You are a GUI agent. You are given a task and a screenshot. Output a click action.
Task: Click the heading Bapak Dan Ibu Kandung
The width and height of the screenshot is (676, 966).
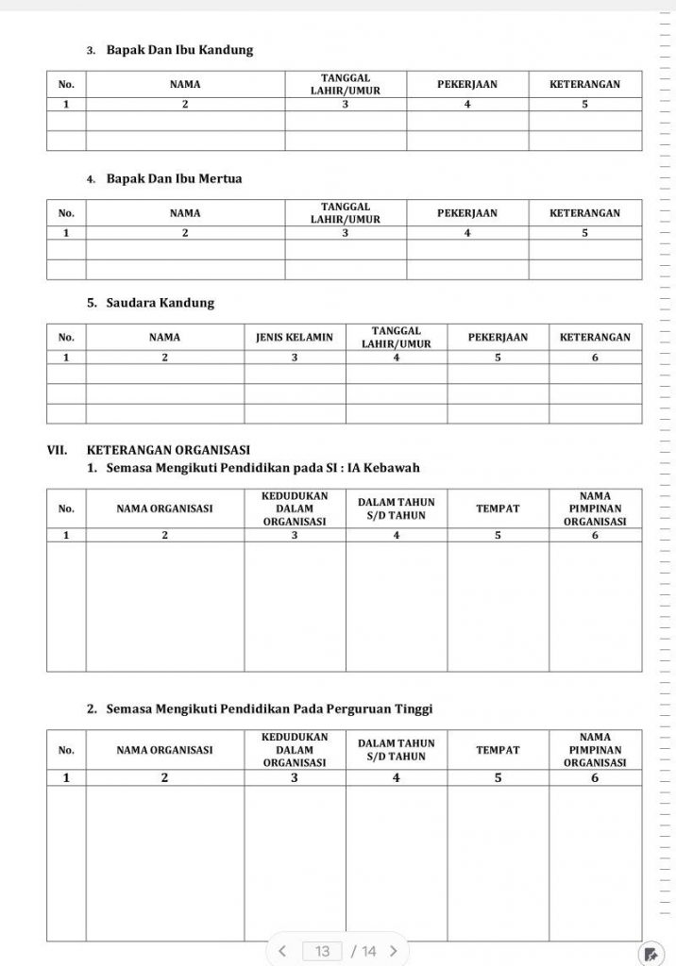pyautogui.click(x=179, y=50)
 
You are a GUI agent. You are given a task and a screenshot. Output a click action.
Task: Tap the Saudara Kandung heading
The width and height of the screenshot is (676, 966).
pyautogui.click(x=160, y=303)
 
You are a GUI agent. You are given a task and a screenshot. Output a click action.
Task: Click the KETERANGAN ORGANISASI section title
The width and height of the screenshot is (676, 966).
pyautogui.click(x=168, y=450)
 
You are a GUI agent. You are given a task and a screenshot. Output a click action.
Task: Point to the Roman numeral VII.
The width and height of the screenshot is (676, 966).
pyautogui.click(x=58, y=450)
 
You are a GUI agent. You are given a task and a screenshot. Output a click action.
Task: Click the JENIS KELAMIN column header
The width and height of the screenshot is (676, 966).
pyautogui.click(x=295, y=337)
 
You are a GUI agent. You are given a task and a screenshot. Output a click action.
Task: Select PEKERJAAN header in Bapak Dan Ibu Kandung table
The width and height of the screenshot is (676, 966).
pyautogui.click(x=467, y=84)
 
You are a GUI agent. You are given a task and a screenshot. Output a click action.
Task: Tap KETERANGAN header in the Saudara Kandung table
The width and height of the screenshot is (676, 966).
pyautogui.click(x=595, y=337)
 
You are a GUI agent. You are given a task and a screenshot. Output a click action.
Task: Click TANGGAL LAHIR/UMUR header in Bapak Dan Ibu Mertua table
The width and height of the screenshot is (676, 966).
pyautogui.click(x=346, y=212)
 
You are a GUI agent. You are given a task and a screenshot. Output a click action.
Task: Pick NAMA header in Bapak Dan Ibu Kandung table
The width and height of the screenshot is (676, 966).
pyautogui.click(x=185, y=84)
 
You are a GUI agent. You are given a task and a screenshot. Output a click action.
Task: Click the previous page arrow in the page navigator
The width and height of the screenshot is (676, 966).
pyautogui.click(x=281, y=951)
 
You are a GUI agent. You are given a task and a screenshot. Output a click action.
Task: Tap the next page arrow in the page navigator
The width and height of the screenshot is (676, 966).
pyautogui.click(x=393, y=951)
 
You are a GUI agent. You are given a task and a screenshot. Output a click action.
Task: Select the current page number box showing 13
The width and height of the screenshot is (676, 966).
pyautogui.click(x=323, y=951)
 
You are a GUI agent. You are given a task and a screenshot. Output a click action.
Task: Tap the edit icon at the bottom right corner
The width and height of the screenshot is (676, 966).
pyautogui.click(x=651, y=952)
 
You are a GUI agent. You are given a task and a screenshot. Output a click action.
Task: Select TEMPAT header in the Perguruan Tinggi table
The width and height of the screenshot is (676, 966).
pyautogui.click(x=498, y=750)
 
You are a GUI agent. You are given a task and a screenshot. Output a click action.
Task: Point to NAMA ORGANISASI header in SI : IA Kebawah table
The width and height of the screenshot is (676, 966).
pyautogui.click(x=164, y=508)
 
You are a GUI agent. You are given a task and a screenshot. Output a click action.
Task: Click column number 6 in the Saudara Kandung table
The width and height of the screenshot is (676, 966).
pyautogui.click(x=595, y=358)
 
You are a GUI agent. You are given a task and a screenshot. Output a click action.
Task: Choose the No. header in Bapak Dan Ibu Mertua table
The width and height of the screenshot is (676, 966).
pyautogui.click(x=66, y=212)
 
